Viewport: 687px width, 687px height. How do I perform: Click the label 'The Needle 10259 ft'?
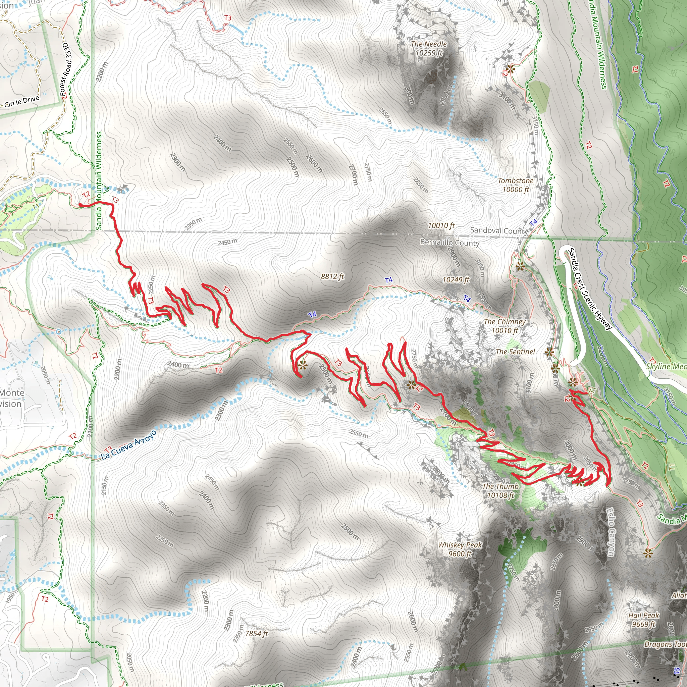428,48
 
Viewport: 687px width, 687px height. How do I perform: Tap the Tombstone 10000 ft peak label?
515,185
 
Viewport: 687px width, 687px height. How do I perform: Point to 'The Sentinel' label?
515,352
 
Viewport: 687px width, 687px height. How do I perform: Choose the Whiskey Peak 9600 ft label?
460,549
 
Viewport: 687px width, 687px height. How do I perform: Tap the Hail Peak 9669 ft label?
644,620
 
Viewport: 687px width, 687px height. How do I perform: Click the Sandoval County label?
498,230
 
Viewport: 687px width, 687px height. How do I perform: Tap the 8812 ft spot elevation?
332,276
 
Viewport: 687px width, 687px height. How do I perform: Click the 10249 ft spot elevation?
456,280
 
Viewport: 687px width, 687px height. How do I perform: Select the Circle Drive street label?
22,102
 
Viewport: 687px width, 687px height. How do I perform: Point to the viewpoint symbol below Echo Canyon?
648,553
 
